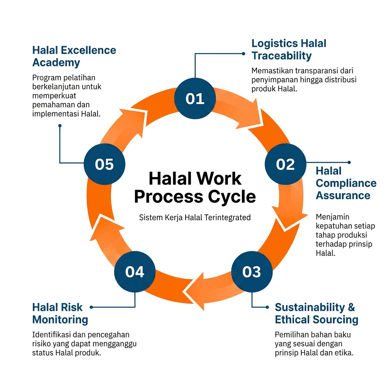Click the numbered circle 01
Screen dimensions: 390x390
point(195,99)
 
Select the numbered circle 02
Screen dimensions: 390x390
point(286,164)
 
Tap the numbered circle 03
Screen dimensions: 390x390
point(251,272)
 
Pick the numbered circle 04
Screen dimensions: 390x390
point(135,272)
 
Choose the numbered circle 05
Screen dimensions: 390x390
point(104,164)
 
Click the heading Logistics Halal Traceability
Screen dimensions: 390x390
point(289,50)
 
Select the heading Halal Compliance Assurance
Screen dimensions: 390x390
point(346,183)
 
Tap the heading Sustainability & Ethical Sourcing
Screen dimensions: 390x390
point(316,313)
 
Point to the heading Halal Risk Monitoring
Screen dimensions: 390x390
point(60,313)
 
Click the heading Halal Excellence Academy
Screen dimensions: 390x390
point(74,56)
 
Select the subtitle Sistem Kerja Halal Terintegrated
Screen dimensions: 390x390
point(195,217)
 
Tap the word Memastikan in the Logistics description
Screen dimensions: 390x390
point(271,71)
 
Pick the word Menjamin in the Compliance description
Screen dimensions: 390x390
point(330,217)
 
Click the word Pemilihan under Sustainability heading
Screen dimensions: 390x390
point(290,335)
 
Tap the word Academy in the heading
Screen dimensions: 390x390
point(56,62)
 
